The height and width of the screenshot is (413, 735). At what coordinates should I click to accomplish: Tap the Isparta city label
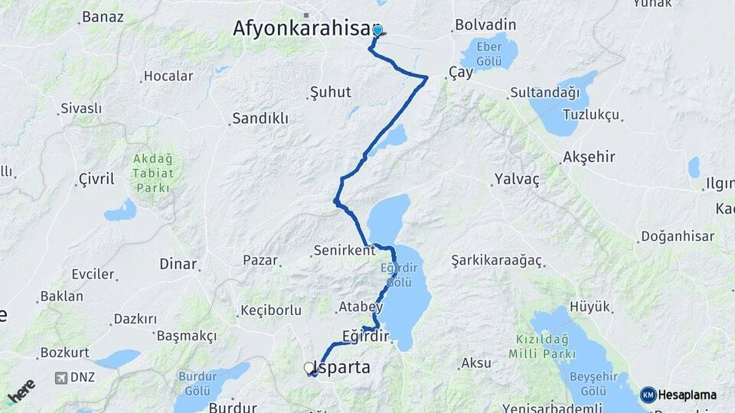343,368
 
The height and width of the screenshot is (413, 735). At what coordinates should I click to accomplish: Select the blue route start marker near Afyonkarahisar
377,31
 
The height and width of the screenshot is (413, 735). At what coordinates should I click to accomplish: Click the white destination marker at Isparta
309,369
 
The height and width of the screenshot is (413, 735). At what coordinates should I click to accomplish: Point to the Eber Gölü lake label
489,53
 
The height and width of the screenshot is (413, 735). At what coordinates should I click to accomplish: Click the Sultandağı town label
544,93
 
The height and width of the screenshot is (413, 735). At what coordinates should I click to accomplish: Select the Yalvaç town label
517,180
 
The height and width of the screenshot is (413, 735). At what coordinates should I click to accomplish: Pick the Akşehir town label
589,157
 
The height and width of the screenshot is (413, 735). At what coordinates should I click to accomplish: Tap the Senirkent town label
344,250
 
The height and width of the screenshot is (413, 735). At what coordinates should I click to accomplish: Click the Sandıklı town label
260,119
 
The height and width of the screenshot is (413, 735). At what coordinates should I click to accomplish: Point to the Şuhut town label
330,93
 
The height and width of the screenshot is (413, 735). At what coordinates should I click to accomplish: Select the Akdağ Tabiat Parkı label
153,173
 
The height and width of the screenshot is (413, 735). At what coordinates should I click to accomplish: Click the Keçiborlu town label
270,310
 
